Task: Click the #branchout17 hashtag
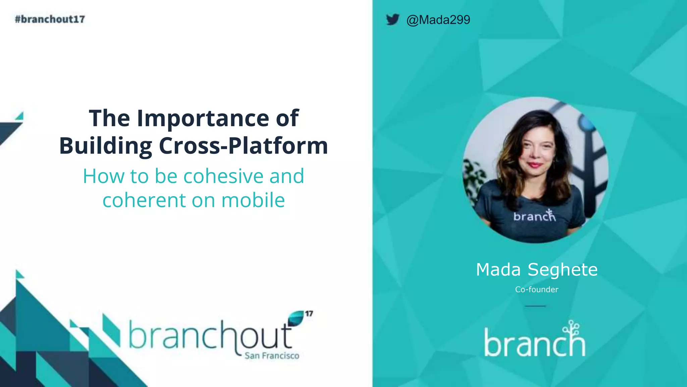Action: tap(50, 19)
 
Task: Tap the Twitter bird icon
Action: tap(392, 19)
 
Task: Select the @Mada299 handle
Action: tap(438, 20)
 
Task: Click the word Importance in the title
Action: tap(203, 118)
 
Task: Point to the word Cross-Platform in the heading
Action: tap(243, 146)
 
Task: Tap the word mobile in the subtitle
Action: tap(253, 200)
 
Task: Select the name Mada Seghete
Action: tap(536, 269)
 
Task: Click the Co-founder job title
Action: tap(536, 289)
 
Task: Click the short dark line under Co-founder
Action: tap(535, 306)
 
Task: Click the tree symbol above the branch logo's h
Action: tap(572, 328)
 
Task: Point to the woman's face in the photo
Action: tap(537, 148)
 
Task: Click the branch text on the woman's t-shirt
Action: tap(534, 216)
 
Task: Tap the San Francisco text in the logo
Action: tap(272, 355)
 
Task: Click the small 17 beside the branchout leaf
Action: tap(309, 313)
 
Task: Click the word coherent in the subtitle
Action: tap(144, 200)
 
